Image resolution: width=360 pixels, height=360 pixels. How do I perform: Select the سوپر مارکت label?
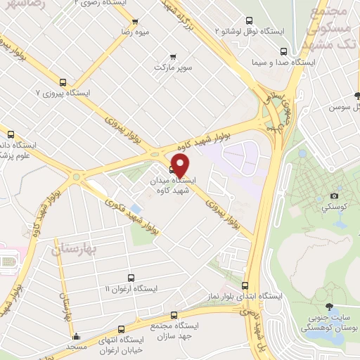point(174,68)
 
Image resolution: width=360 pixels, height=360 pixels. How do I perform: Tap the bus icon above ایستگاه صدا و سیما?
point(283,51)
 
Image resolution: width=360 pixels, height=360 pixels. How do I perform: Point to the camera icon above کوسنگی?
point(334,195)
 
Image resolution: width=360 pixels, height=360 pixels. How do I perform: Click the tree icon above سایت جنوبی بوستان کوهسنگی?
point(328,306)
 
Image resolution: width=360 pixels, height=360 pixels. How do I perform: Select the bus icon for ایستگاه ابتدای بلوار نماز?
point(245,285)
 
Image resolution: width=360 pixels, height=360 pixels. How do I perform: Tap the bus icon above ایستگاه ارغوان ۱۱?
point(130,278)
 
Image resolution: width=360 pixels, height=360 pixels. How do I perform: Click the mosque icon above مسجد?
point(76,336)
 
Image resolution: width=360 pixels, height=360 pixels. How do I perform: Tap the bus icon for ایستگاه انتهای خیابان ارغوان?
point(121,328)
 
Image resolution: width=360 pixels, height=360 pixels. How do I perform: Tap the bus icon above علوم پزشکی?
point(10,134)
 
